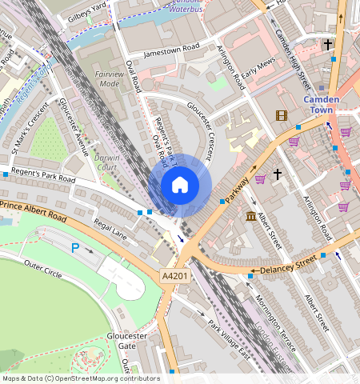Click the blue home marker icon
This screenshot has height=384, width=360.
pyautogui.click(x=180, y=186)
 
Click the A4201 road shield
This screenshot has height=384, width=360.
pyautogui.click(x=175, y=275)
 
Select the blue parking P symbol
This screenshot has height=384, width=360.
pyautogui.click(x=75, y=248)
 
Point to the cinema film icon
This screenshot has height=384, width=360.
pyautogui.click(x=281, y=115)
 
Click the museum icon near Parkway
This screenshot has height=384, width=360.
pyautogui.click(x=251, y=217)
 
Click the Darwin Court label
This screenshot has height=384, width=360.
pyautogui.click(x=107, y=162)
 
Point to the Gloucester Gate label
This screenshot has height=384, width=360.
pyautogui.click(x=128, y=341)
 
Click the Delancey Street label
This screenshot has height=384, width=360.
pyautogui.click(x=287, y=263)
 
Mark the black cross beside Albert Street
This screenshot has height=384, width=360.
pyautogui.click(x=278, y=174)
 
